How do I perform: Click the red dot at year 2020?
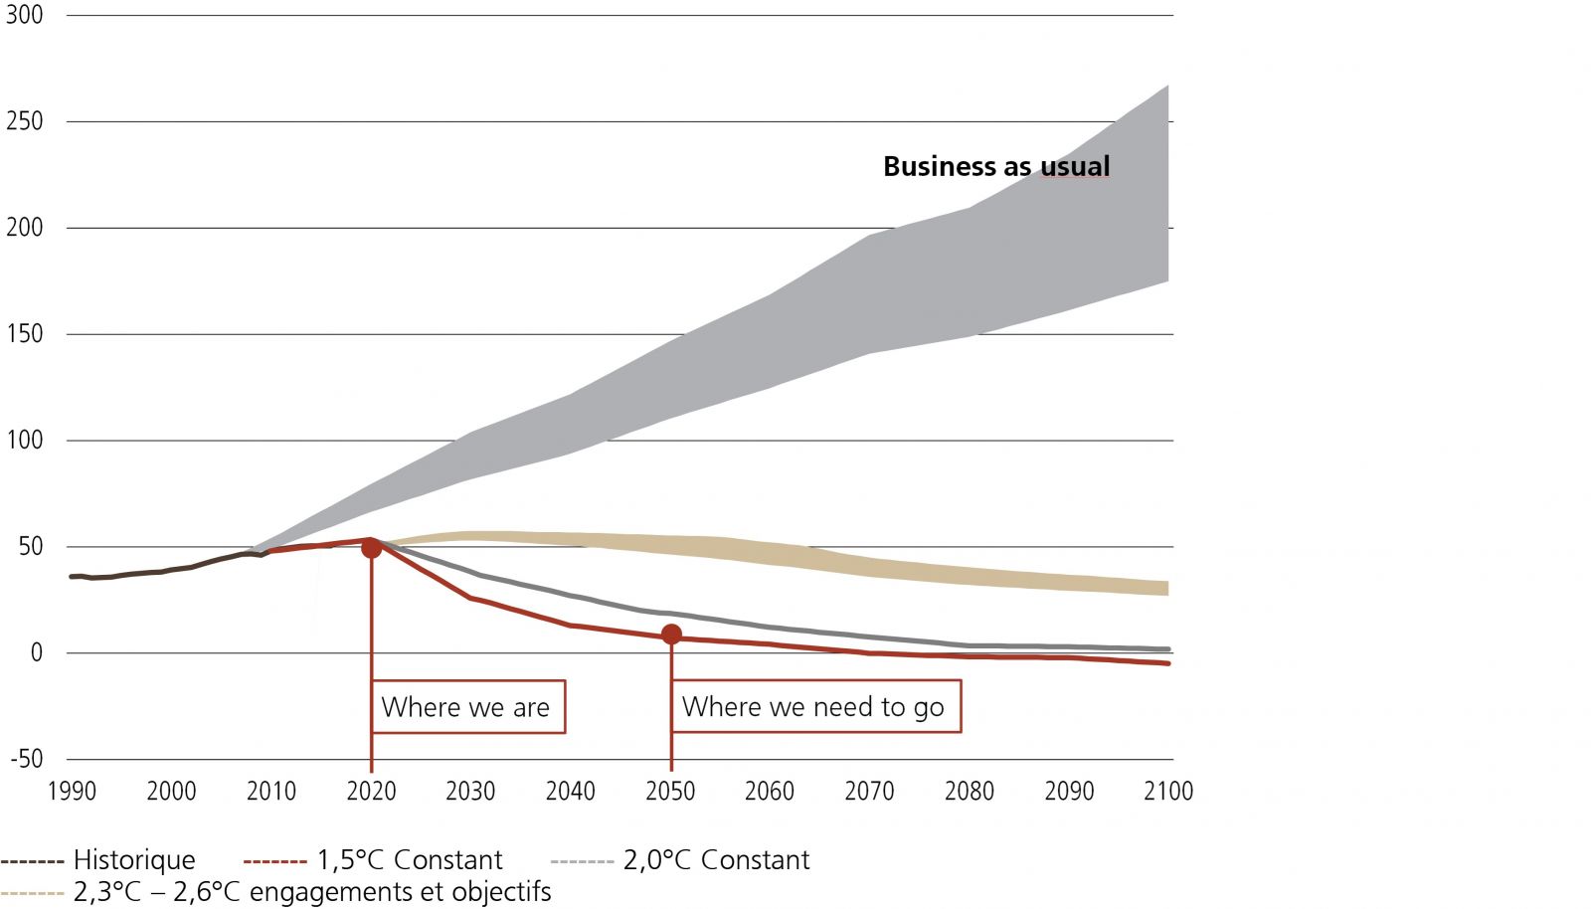[371, 548]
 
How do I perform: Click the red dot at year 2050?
[671, 635]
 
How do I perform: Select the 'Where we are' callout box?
[466, 707]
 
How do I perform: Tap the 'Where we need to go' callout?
[814, 706]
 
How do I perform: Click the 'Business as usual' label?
[996, 167]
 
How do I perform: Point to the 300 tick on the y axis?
[25, 15]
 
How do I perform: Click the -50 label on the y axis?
[27, 759]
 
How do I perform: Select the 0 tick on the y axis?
[37, 652]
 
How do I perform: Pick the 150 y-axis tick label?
[25, 334]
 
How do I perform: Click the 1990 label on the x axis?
[73, 792]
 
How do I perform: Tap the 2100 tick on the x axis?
[1168, 792]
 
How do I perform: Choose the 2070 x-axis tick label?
[869, 792]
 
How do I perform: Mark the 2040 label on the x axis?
[570, 792]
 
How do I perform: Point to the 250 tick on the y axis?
[25, 121]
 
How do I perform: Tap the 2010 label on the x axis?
[271, 792]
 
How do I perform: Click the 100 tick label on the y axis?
[25, 440]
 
